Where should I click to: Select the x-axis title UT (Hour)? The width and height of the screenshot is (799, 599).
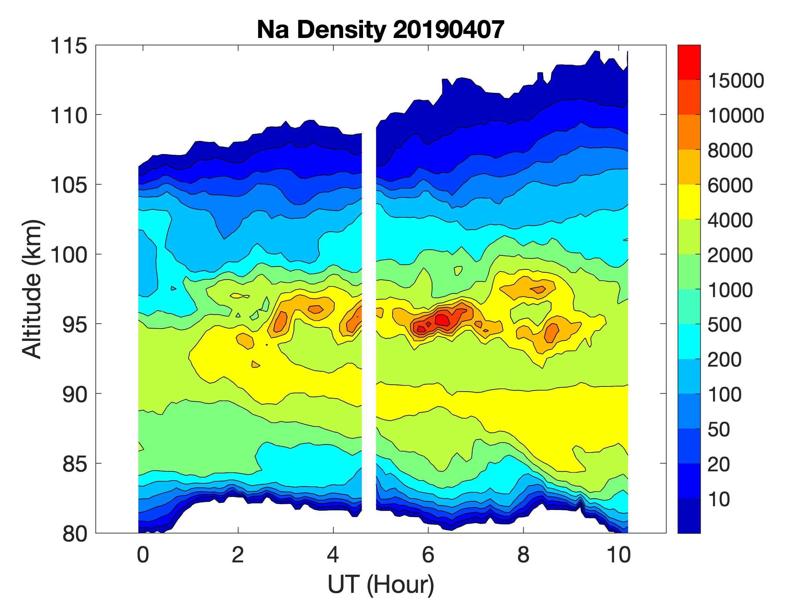click(x=380, y=584)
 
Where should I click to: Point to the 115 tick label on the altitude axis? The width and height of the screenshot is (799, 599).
click(x=68, y=46)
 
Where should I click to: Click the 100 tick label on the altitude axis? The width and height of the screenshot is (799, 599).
click(x=68, y=255)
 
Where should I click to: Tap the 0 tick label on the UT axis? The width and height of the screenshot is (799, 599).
click(x=143, y=555)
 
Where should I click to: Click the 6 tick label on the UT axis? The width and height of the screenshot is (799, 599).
click(x=428, y=555)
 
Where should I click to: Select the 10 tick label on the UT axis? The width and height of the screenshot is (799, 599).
click(x=619, y=555)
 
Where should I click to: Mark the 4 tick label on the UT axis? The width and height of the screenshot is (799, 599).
click(x=333, y=555)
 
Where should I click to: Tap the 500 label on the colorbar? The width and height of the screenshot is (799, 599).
click(x=725, y=325)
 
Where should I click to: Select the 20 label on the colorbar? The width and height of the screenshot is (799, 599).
click(x=719, y=464)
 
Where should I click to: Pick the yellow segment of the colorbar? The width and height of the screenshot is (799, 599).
click(x=689, y=202)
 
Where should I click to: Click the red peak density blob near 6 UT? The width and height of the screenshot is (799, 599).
click(x=442, y=320)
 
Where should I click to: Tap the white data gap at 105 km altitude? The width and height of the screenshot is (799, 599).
click(x=369, y=184)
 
